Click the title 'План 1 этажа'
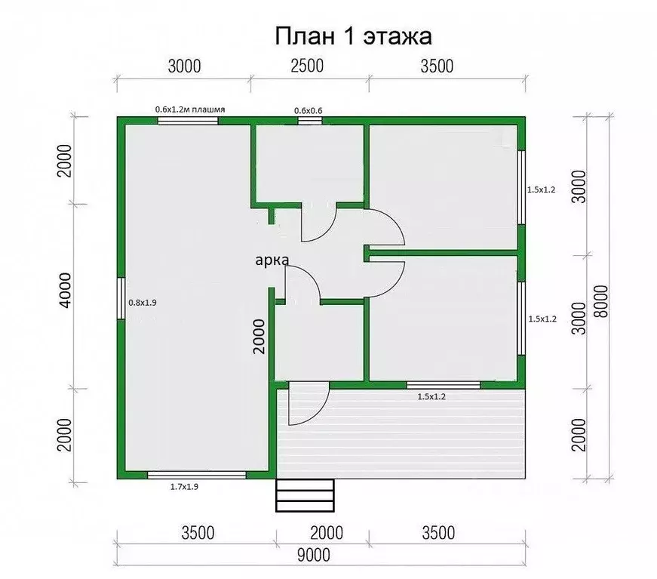(352, 35)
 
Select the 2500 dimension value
(307, 66)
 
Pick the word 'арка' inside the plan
(271, 260)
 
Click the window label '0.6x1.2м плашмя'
(190, 109)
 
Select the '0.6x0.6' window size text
(308, 111)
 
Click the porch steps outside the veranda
(305, 495)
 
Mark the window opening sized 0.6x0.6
(310, 120)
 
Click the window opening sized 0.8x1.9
(121, 299)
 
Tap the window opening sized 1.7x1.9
(197, 475)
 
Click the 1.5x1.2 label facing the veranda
(432, 396)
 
